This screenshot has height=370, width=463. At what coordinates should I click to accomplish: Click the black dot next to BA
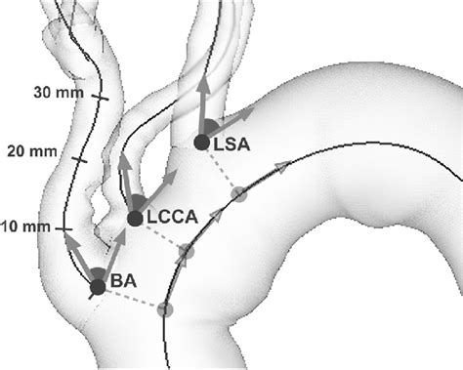[x=97, y=287]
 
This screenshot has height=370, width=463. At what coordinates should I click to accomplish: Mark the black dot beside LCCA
[x=135, y=218]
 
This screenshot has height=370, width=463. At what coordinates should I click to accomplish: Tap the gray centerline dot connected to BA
[x=164, y=310]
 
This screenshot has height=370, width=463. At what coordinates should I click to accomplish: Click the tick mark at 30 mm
[x=100, y=97]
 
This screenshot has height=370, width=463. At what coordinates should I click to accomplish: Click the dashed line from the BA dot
[x=131, y=299]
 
